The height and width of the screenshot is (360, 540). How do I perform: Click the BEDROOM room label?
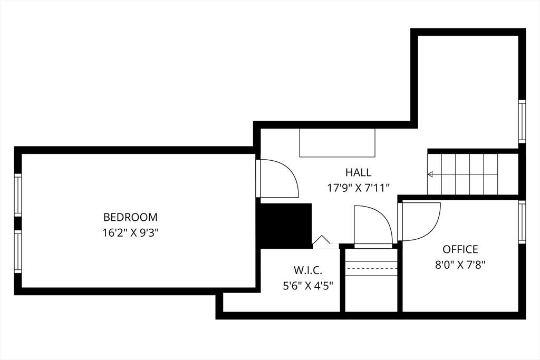[x=130, y=217]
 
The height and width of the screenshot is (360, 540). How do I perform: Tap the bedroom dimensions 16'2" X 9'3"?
[x=130, y=233]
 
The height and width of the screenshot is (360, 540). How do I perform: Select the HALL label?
[x=358, y=172]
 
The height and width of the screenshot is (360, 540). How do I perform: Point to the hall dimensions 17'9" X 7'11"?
[x=358, y=188]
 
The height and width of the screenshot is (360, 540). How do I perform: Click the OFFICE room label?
[x=460, y=249]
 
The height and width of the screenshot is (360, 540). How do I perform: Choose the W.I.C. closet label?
[x=308, y=270]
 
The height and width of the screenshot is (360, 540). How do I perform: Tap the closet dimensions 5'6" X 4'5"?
[x=308, y=287]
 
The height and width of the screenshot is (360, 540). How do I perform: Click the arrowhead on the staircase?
[x=430, y=174]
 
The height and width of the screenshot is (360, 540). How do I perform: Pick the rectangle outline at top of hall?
[x=337, y=142]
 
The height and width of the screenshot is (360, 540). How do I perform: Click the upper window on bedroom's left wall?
[x=18, y=194]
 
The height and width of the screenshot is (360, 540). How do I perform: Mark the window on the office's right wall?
[x=522, y=221]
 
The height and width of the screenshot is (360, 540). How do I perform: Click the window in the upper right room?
[x=522, y=121]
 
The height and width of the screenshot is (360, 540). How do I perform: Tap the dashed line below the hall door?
[x=371, y=268]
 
